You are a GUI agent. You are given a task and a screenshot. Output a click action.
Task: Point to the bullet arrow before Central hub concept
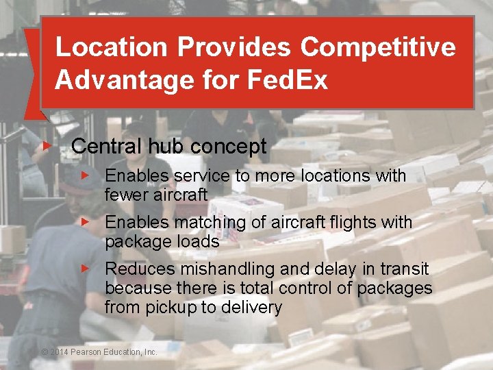click(46, 145)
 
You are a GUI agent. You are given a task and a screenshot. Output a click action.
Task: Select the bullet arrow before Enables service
click(85, 175)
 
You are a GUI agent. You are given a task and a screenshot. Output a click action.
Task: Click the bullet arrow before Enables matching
click(85, 222)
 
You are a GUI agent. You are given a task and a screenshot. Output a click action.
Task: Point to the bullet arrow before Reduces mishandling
click(85, 269)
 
